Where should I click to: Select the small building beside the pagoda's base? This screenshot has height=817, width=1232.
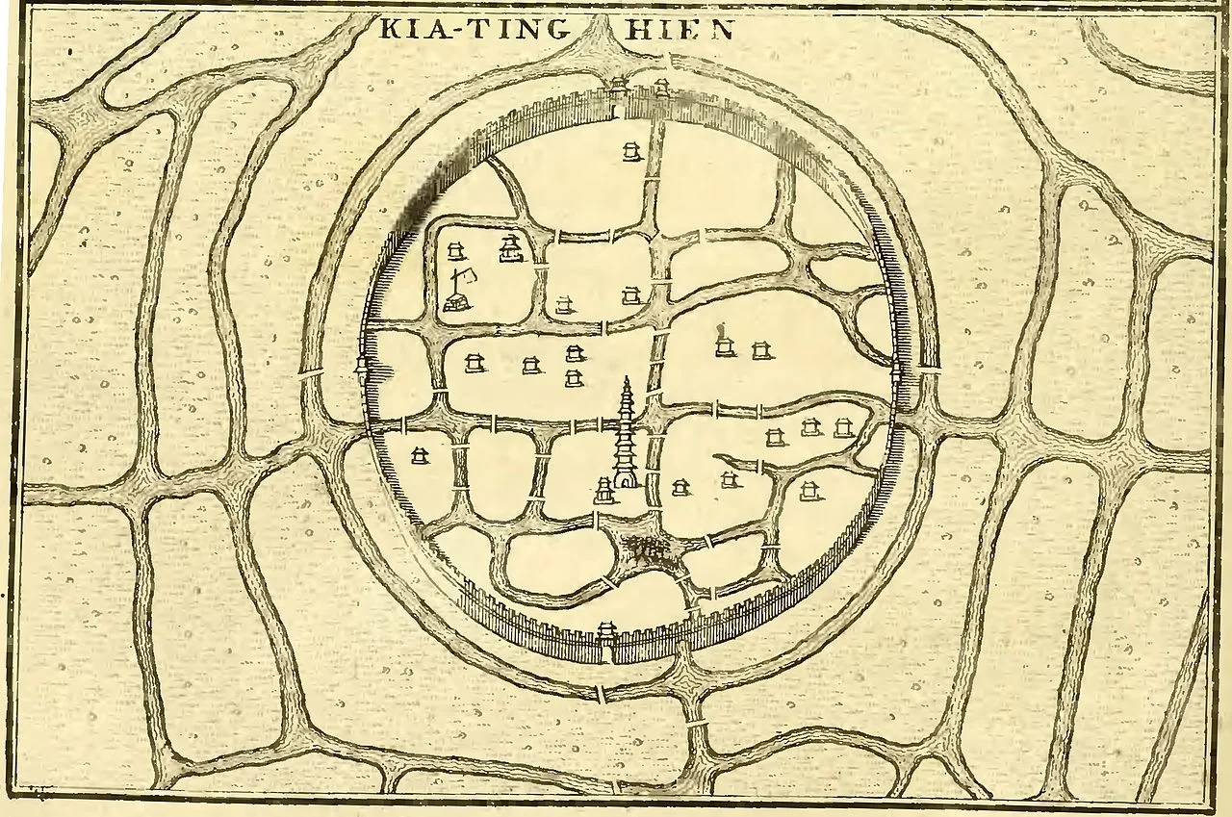coord(603,491)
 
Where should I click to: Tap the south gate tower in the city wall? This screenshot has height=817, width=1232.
coord(606,635)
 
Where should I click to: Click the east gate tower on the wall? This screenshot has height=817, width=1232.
coord(898,372)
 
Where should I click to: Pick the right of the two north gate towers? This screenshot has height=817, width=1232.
coord(662,89)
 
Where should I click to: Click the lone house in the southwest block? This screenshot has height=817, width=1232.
coord(419,454)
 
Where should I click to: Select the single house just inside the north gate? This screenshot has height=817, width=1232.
coord(631,152)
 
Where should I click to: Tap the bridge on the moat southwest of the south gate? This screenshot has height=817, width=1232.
coord(600,693)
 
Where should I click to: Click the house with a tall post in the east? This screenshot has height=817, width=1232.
coord(724,343)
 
